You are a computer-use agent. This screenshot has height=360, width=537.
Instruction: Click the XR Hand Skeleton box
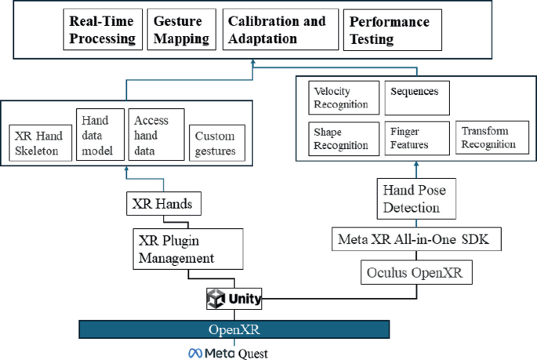coord(40,143)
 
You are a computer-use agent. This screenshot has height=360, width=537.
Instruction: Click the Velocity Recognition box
coord(343,99)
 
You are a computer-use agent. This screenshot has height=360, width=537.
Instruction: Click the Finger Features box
coord(417,137)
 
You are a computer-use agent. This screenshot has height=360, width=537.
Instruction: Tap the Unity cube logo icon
coord(216,298)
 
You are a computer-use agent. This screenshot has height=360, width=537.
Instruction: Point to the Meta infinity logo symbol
coord(194,353)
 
